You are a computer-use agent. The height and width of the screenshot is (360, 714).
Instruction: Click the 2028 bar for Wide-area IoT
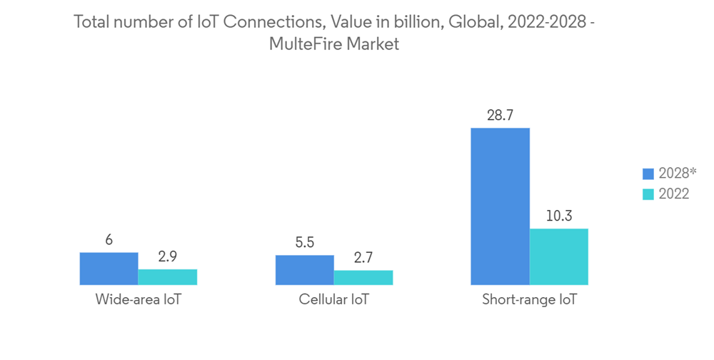pos(109,269)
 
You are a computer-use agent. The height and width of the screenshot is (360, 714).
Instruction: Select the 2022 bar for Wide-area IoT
pos(167,277)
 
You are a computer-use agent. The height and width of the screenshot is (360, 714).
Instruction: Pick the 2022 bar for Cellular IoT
pos(363,278)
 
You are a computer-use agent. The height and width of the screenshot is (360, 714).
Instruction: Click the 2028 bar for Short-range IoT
pos(500,207)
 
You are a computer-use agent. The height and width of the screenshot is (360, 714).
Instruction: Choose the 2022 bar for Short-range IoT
pos(558,257)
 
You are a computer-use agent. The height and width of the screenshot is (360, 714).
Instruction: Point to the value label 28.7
pos(500,115)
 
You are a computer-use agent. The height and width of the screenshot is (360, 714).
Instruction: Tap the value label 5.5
pos(304,243)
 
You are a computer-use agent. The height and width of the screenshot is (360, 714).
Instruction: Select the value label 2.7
pos(363,258)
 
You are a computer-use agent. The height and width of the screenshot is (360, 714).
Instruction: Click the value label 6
pos(109,240)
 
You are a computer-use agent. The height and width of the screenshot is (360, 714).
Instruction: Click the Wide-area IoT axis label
pos(138,300)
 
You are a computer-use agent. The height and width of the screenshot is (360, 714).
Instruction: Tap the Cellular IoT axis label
pos(333,300)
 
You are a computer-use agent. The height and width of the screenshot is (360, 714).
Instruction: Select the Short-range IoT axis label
pos(529,300)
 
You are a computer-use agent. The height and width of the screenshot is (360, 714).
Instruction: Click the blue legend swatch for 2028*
pos(648,174)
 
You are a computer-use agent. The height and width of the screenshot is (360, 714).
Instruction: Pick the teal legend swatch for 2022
pos(648,194)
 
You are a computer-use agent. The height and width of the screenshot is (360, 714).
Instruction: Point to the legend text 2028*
pos(678,174)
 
